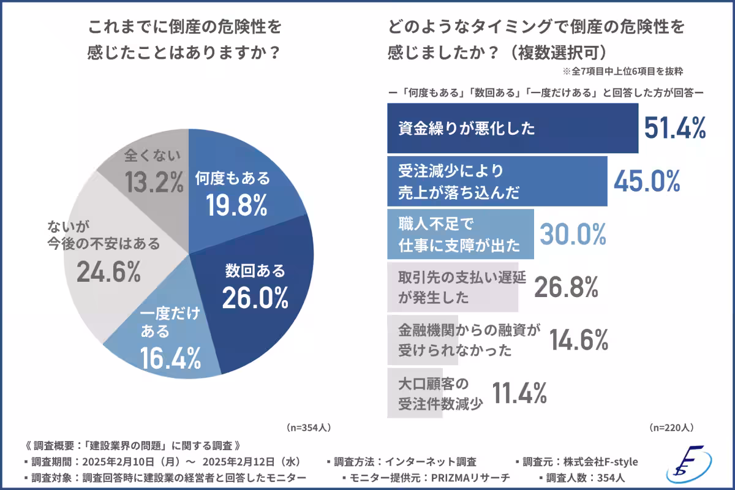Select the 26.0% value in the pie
[x=255, y=298]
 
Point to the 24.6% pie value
[x=109, y=272]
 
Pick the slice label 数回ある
[x=255, y=270]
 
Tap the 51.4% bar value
[x=675, y=129]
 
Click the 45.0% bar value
[x=647, y=181]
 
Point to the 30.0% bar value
[x=573, y=234]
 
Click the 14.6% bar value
[x=578, y=339]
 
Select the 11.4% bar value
[x=519, y=393]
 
